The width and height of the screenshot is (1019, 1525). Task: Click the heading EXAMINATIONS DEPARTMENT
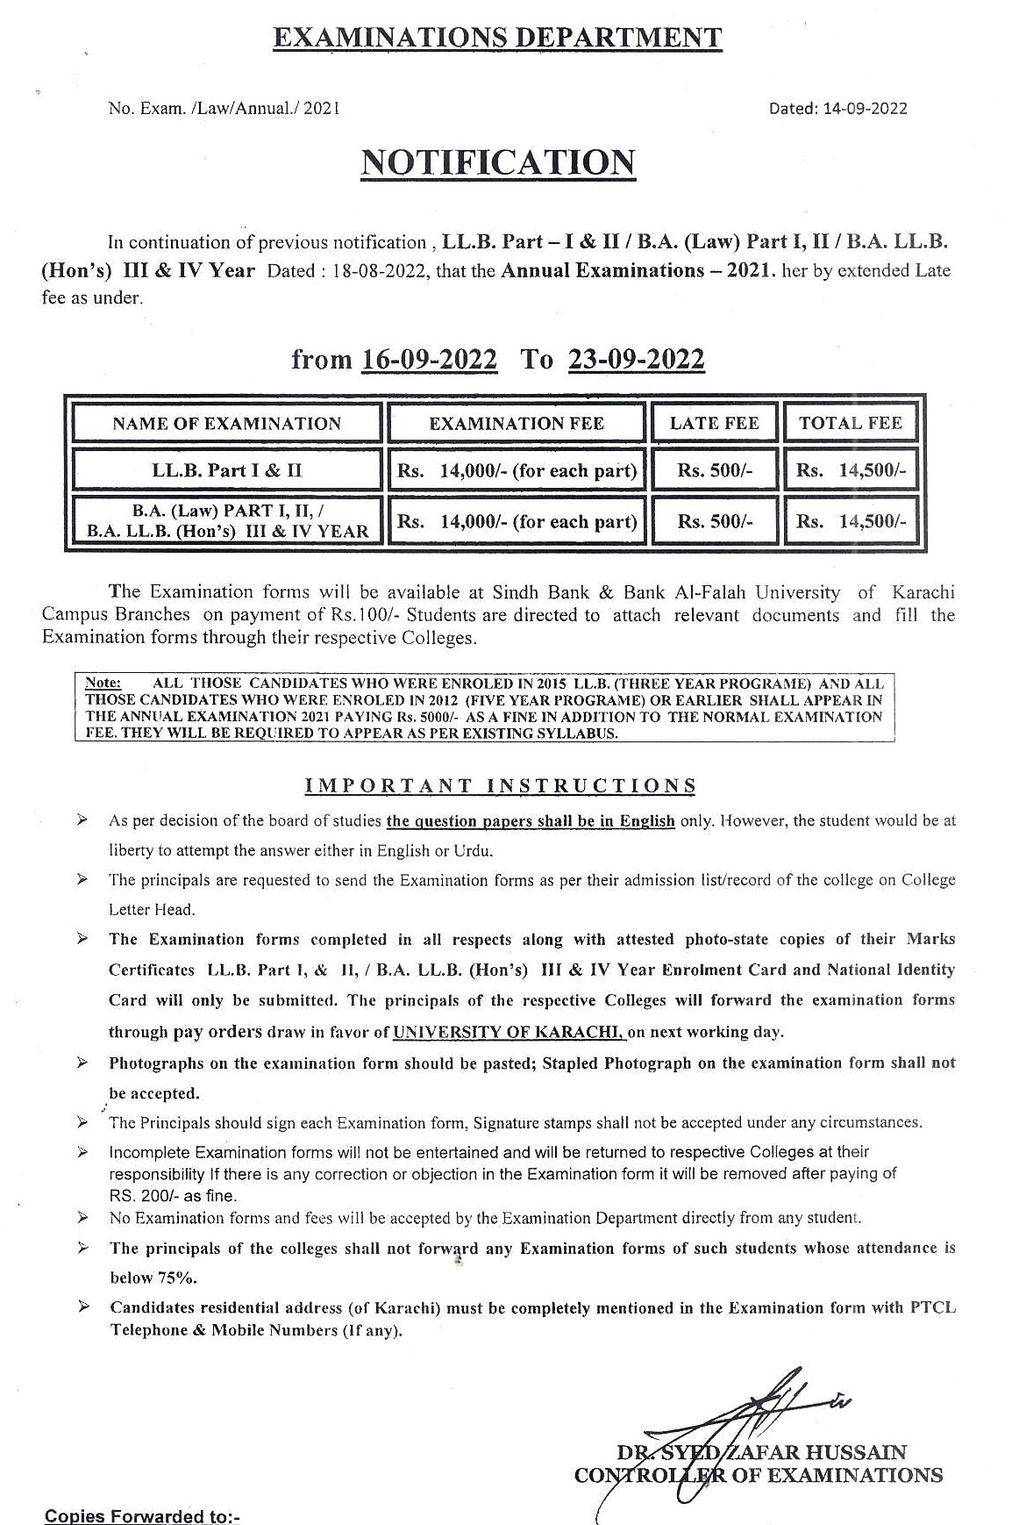pos(497,38)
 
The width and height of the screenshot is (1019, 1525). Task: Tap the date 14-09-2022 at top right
pos(863,109)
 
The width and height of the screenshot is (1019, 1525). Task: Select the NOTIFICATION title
pos(498,163)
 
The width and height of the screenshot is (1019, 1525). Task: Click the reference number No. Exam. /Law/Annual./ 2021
pos(224,109)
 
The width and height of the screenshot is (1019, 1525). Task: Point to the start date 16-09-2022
pos(429,360)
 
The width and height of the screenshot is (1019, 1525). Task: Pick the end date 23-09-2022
pos(636,360)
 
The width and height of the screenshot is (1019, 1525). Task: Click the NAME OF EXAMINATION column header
pos(226,423)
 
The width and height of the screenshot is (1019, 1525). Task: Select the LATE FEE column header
pos(714,423)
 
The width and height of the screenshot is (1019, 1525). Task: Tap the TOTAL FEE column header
pos(850,423)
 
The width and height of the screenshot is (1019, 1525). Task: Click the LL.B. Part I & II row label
pos(226,470)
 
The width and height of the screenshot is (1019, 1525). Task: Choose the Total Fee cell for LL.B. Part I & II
pos(850,470)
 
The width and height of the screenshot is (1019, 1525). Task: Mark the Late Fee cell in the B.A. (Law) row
pos(714,521)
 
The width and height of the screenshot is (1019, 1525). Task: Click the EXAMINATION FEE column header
pos(516,423)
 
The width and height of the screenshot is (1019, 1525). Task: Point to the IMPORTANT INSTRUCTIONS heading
pos(500,785)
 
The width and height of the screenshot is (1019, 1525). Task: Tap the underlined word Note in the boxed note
pos(103,683)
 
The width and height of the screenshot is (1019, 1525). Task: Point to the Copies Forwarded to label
pos(142,1516)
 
